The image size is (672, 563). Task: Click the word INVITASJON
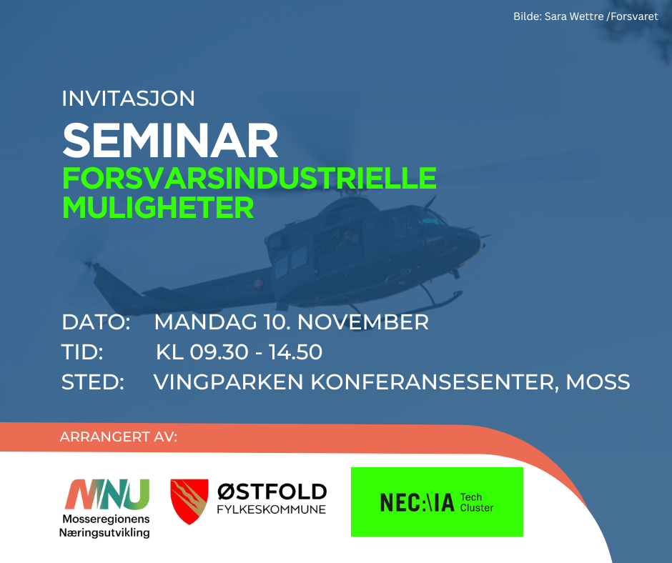coord(128,99)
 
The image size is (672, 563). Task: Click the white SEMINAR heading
coord(171,141)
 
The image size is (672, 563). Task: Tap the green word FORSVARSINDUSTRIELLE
coord(249,178)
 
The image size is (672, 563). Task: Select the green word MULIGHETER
coord(158,208)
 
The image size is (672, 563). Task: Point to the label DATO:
coord(96,322)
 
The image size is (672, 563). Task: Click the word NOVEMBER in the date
coord(363,322)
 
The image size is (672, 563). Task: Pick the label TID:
coord(82,352)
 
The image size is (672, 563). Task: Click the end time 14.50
coord(295,352)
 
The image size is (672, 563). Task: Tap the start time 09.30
coord(219,352)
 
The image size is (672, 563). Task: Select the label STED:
coord(92,382)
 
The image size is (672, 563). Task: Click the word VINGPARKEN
coord(229,382)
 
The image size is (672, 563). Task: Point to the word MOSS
coord(598,382)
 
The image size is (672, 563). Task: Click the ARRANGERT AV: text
coord(118,437)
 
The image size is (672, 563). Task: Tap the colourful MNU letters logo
coord(107,494)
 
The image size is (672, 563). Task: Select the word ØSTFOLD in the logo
coord(272,492)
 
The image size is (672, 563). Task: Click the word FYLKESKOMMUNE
coord(271,509)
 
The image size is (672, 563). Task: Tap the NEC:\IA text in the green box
coord(417,502)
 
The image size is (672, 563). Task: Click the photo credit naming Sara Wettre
coord(585,16)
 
